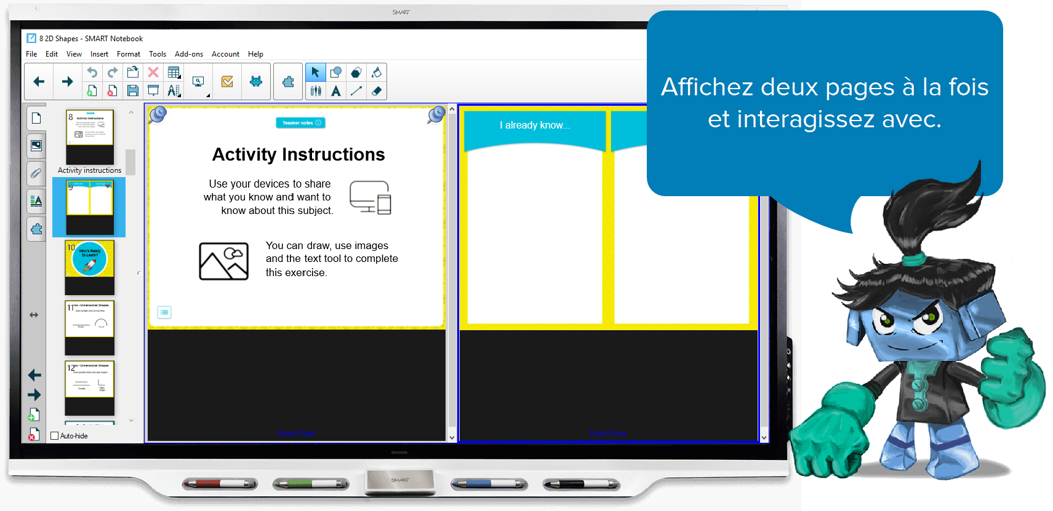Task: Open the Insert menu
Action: [x=99, y=54]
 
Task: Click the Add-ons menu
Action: [x=188, y=54]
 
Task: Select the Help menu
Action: [x=255, y=54]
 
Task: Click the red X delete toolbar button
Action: [x=153, y=73]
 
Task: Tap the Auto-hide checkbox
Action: [x=55, y=436]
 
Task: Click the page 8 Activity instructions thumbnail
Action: [x=90, y=137]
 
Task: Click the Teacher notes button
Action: [x=300, y=123]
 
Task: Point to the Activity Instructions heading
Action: [x=298, y=154]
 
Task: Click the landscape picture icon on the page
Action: [x=224, y=261]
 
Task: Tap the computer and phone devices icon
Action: [x=370, y=197]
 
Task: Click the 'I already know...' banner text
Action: [x=535, y=125]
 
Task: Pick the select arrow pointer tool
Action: [x=315, y=73]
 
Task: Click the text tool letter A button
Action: [x=335, y=91]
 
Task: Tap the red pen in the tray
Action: [x=220, y=484]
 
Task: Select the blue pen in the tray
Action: [x=489, y=484]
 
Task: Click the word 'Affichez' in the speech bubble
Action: [x=707, y=87]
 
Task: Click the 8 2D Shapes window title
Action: [x=91, y=39]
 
